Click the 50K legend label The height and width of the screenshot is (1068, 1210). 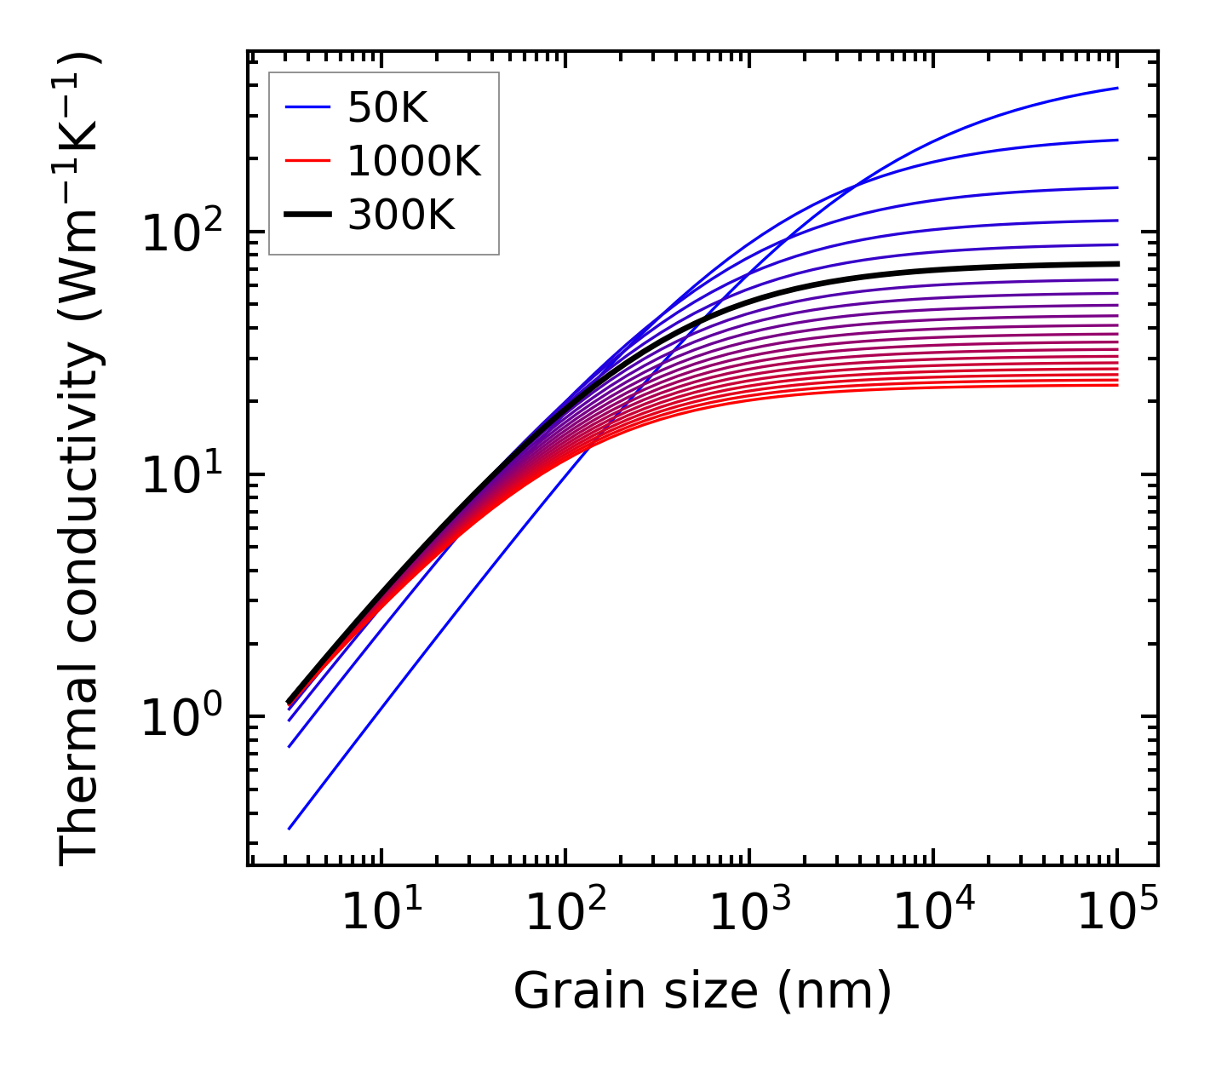387,107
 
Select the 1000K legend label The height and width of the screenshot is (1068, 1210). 414,161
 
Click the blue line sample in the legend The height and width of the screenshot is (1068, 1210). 307,107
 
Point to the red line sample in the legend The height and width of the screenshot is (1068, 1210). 307,161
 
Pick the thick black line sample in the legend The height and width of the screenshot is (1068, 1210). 307,215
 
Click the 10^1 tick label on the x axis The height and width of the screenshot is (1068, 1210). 381,914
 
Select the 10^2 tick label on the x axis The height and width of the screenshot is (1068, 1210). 565,914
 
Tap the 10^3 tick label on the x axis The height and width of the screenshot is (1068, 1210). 749,914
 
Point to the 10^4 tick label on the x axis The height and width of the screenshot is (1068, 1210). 933,914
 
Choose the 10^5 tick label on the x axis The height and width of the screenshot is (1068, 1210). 1117,914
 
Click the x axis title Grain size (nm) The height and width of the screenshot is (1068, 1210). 702,991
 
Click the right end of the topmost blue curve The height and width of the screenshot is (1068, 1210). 1117,88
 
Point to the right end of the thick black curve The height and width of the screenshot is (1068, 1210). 1117,264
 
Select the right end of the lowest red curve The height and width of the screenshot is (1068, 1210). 1117,385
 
